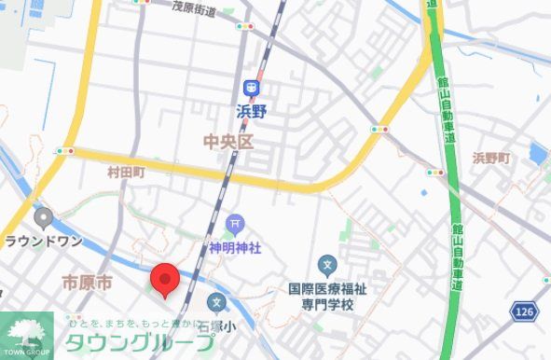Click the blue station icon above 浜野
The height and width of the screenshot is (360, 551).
coord(251,88)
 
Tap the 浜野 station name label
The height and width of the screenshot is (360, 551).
coord(252,111)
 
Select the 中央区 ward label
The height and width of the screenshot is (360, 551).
coord(228,142)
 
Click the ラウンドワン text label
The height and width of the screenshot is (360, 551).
coord(44,241)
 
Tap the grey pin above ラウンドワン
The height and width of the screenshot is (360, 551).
coord(43,219)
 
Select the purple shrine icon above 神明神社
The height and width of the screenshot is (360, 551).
coord(235,224)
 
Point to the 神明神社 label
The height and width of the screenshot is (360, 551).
coord(235,248)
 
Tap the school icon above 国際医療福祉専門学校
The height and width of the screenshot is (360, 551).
coord(326,265)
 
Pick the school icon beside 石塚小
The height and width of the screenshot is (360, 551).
coord(217,302)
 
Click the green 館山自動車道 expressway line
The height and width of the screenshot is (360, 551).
coord(453,187)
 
